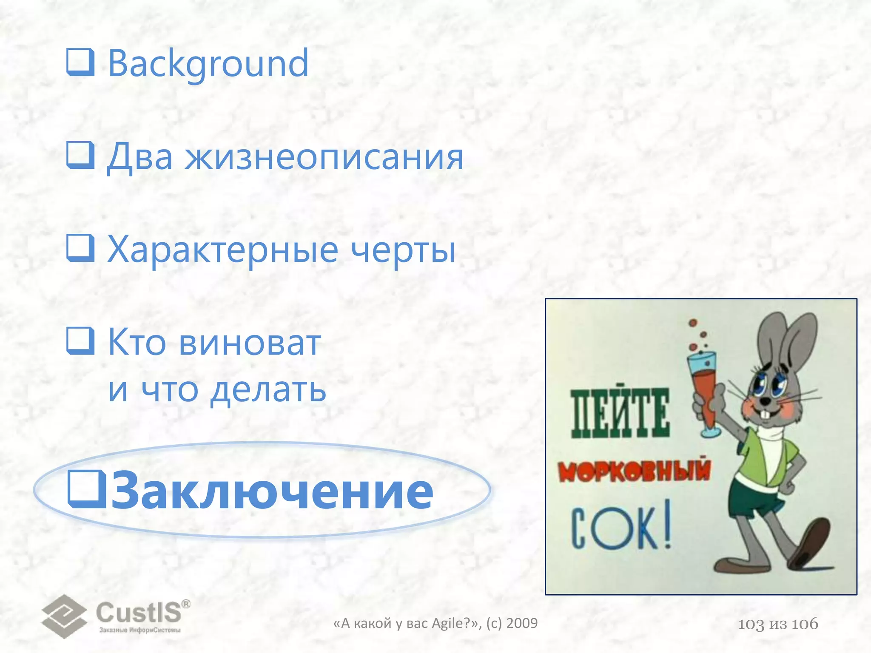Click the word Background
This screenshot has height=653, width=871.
pos(208,64)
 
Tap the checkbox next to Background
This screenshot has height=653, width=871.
pos(80,62)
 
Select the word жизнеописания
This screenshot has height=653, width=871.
pos(324,157)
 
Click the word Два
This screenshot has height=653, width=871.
pos(140,157)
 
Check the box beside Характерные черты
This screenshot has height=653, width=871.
pos(80,248)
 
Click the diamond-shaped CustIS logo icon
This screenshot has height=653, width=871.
pos(64,616)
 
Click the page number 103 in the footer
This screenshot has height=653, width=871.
pos(751,624)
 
